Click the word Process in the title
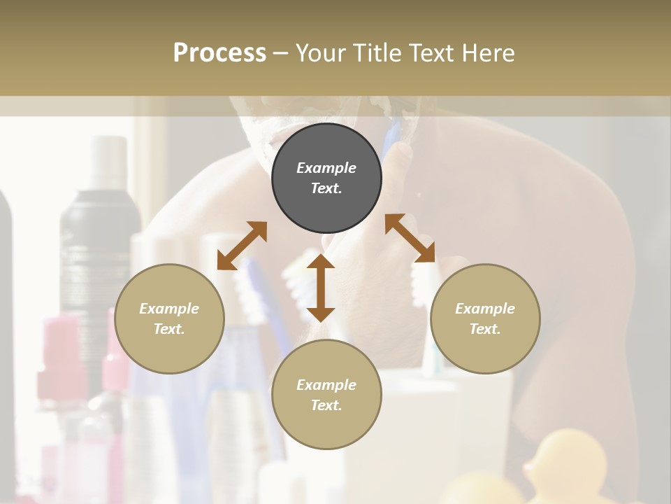(x=219, y=53)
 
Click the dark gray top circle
(x=326, y=178)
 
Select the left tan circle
(x=169, y=318)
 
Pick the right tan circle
(x=485, y=318)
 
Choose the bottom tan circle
(x=326, y=395)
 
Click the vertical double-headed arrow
(x=321, y=288)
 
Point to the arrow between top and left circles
(x=242, y=245)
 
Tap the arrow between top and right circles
(x=410, y=238)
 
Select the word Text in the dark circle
(x=326, y=188)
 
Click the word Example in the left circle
(x=169, y=309)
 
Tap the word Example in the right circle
(x=485, y=309)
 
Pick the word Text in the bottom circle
(x=326, y=405)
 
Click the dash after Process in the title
(x=280, y=53)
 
